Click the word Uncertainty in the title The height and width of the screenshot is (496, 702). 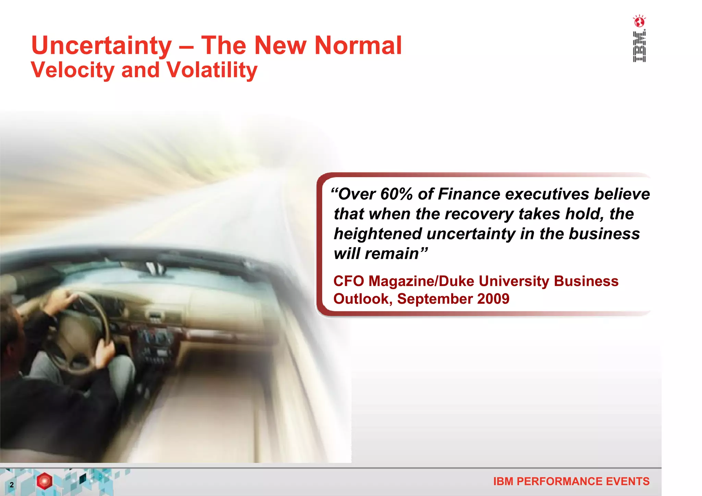click(101, 46)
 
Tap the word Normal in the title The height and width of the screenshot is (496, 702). click(358, 46)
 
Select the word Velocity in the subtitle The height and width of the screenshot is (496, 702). click(73, 70)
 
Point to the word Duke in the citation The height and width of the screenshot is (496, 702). click(457, 281)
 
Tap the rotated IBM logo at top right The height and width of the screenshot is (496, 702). click(639, 47)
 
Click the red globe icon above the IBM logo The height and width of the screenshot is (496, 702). click(639, 22)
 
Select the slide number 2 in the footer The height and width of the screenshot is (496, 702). click(12, 485)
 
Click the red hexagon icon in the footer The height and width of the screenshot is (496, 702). click(45, 481)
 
